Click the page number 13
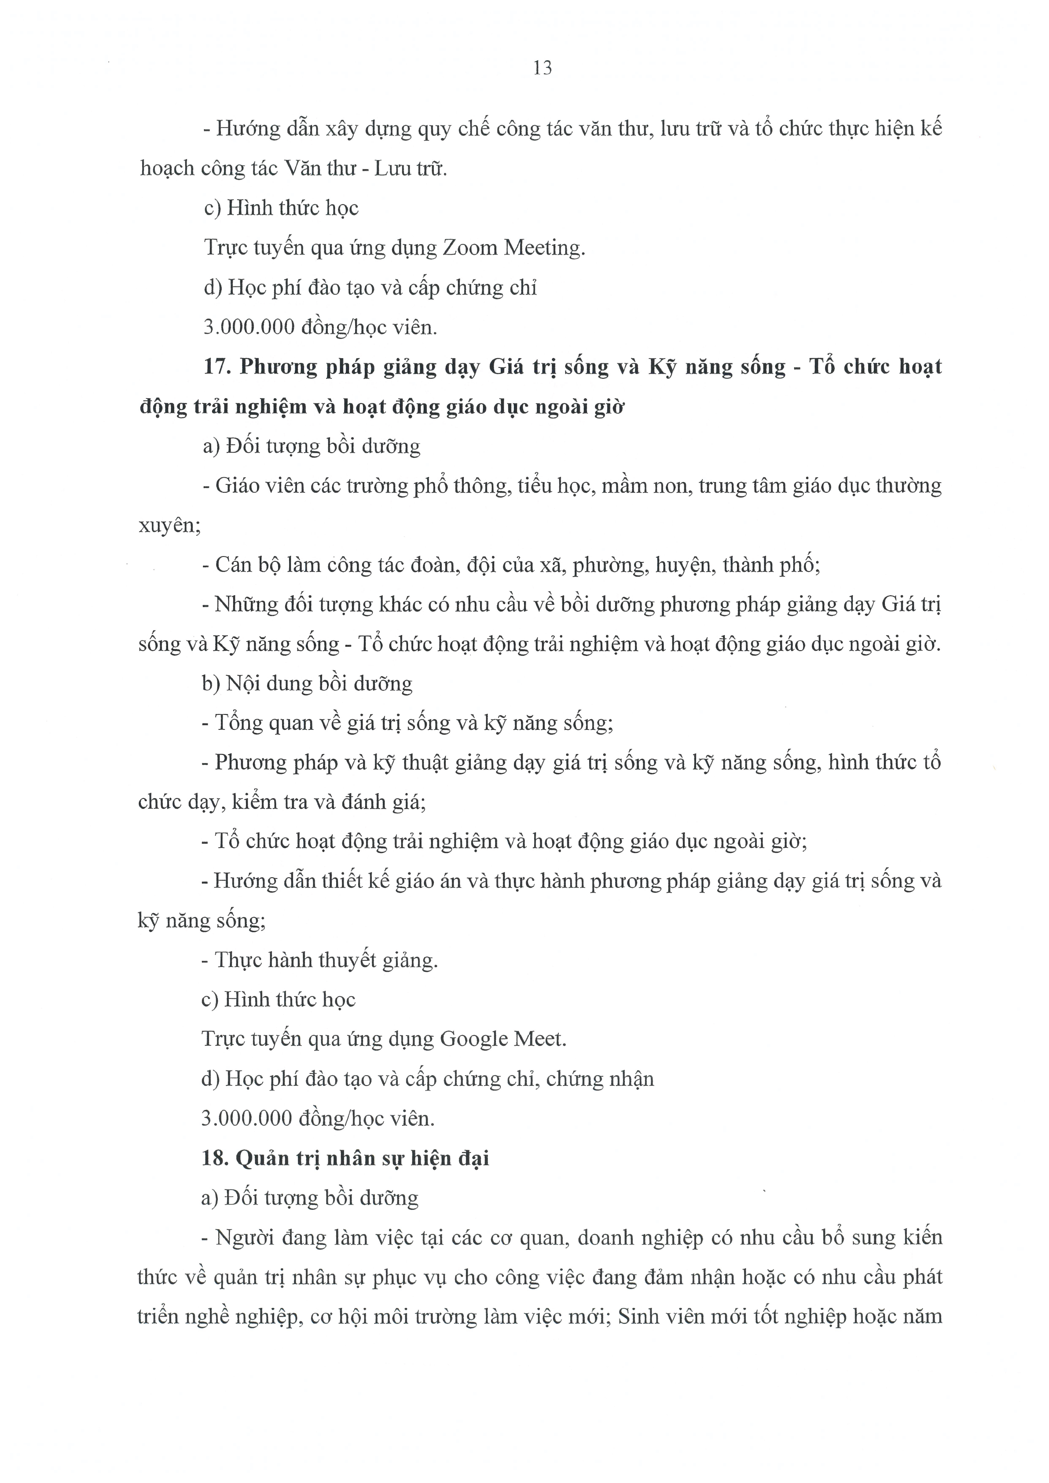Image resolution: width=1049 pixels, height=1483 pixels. [x=543, y=68]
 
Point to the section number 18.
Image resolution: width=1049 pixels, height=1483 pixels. [x=216, y=1158]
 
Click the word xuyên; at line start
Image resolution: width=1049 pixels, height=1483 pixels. [x=170, y=526]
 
